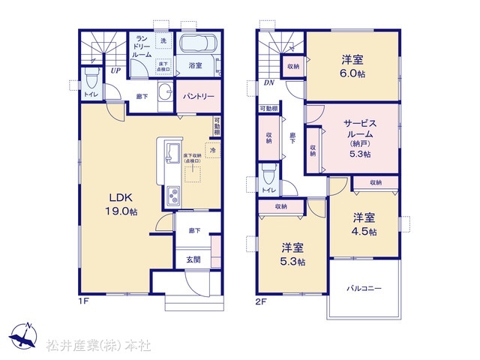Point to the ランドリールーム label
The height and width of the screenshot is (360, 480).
point(142,47)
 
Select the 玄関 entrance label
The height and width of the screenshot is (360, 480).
point(193,259)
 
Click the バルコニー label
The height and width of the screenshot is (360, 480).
point(364,288)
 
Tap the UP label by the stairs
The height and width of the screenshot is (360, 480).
point(115,70)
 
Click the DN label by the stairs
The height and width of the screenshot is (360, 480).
point(268,84)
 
